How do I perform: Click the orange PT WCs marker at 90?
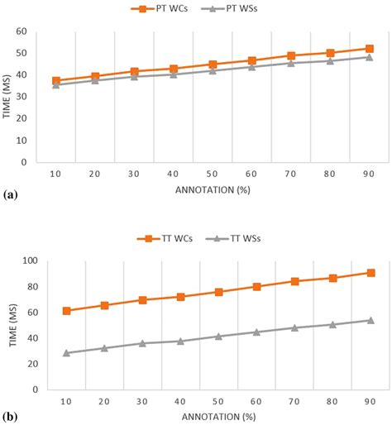pos(369,49)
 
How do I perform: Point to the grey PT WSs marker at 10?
pos(56,84)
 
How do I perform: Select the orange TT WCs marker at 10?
pos(56,311)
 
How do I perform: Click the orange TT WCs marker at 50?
pos(213,292)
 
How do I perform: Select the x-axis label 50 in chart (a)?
pos(213,175)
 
